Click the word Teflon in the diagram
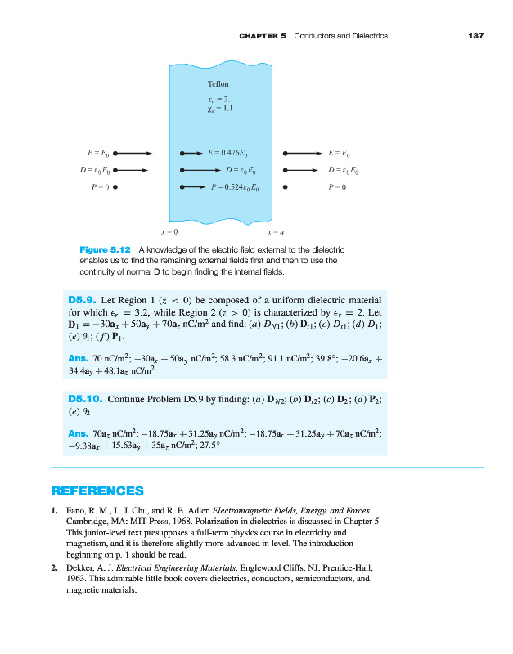[x=219, y=83]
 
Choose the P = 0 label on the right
[x=338, y=186]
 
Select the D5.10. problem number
[x=86, y=401]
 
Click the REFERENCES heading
[x=97, y=491]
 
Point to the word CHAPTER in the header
[x=260, y=35]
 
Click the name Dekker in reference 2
[x=79, y=566]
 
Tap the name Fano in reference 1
[x=74, y=510]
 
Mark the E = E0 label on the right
[x=339, y=152]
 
